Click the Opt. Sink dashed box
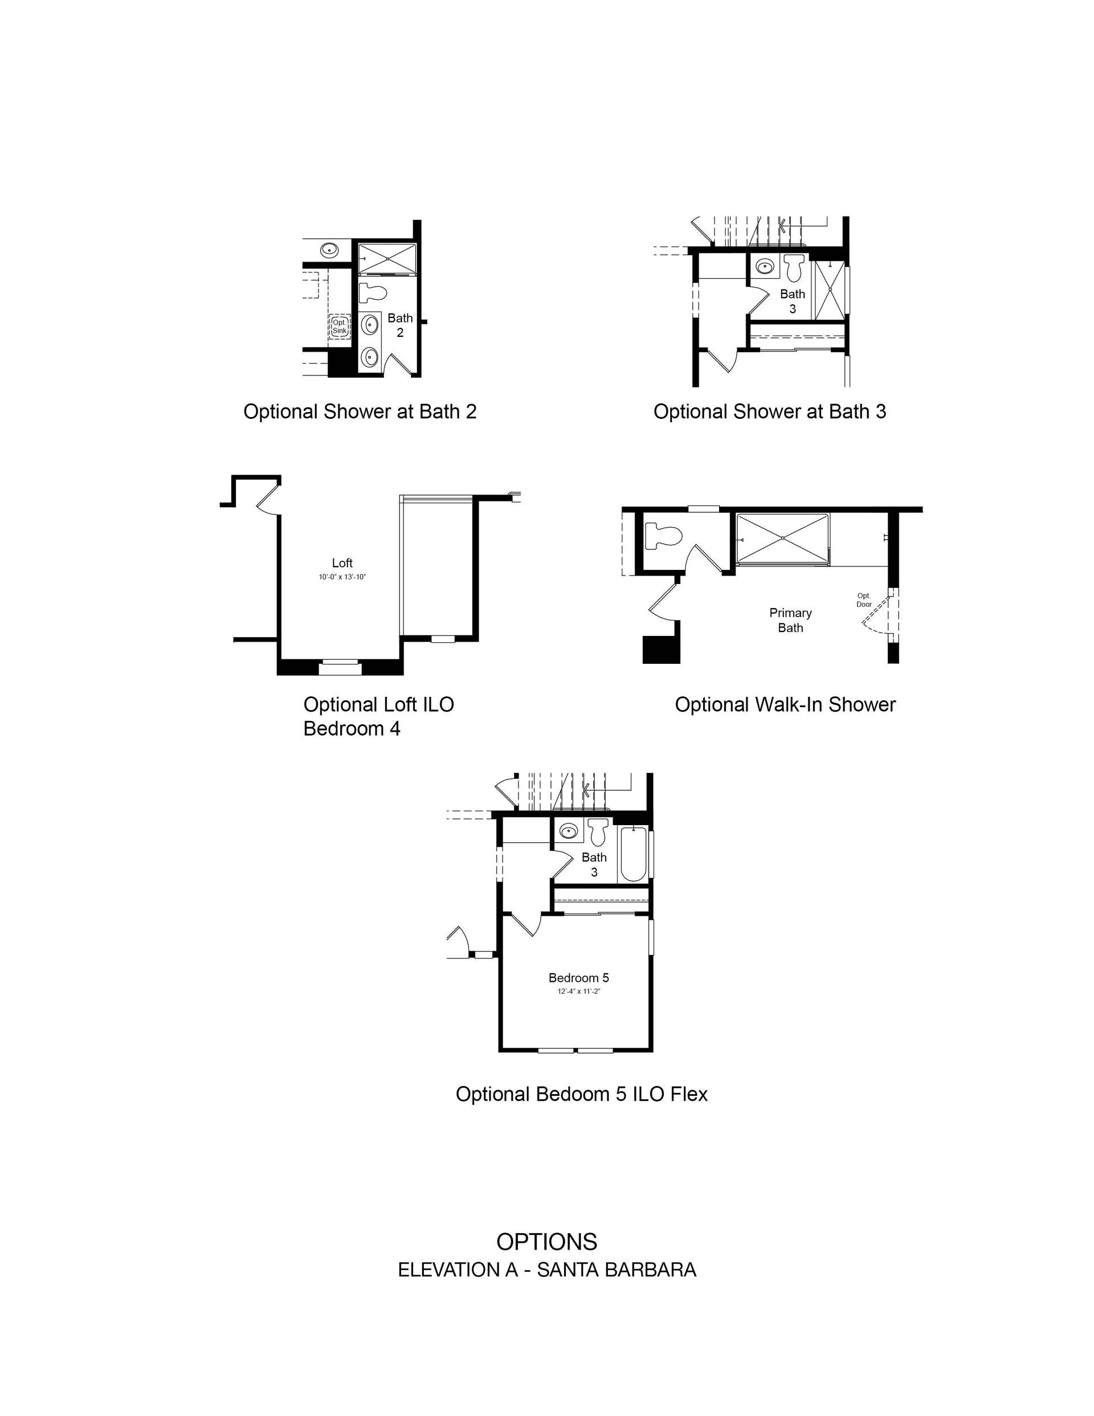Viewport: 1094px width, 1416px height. coord(340,326)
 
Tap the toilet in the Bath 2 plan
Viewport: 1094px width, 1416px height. coord(372,293)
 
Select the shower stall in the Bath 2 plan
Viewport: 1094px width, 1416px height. coord(387,259)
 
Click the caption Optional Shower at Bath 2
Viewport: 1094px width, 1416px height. coord(360,412)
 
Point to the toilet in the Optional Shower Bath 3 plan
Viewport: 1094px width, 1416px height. coord(794,267)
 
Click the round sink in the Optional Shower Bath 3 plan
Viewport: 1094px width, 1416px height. coord(765,266)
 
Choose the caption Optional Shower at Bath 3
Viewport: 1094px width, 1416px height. coord(770,412)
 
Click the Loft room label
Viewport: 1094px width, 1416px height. coord(342,563)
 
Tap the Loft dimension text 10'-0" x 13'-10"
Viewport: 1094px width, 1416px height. coord(342,577)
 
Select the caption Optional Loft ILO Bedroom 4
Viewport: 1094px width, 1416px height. coord(379,716)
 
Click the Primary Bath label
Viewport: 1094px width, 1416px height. coord(790,620)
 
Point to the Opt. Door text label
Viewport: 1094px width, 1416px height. coord(864,599)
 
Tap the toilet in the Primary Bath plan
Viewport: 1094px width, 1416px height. coord(663,537)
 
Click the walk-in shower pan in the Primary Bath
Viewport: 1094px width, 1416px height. coord(783,539)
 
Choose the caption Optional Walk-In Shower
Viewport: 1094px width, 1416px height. coord(785,705)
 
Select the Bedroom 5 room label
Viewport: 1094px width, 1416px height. coord(578,978)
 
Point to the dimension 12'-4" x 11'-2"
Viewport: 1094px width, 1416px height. coord(578,991)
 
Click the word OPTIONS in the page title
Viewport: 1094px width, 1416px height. coord(546,1242)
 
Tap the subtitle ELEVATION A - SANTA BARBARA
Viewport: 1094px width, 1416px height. coord(546,1270)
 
